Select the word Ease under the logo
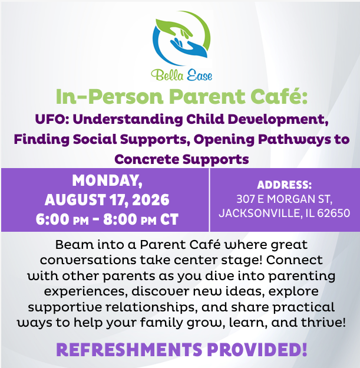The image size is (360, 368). tap(199, 75)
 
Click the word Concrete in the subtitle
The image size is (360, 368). tap(147, 160)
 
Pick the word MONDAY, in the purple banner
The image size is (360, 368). tap(107, 180)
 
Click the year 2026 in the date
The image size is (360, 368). tap(150, 200)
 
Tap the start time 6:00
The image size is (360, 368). tap(53, 219)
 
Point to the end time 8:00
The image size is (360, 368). tap(120, 219)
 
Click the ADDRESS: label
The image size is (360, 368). tap(284, 185)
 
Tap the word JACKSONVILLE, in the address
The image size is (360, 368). tap(260, 213)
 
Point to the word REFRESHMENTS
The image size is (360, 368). tap(129, 350)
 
